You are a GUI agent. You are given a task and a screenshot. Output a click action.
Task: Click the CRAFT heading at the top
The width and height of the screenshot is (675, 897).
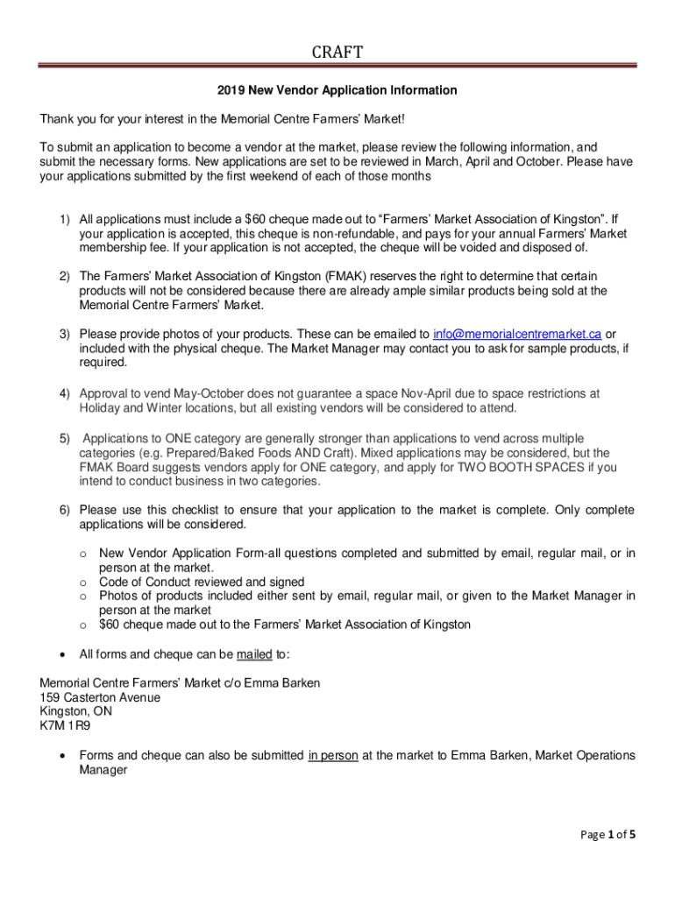337,53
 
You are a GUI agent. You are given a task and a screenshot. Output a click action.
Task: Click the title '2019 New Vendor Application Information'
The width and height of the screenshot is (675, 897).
337,90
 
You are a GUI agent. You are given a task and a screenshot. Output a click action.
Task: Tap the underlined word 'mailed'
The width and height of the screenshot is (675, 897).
254,654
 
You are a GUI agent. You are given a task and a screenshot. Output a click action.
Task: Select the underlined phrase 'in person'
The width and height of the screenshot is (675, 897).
332,756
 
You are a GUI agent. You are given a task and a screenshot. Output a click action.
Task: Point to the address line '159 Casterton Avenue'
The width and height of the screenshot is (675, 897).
100,697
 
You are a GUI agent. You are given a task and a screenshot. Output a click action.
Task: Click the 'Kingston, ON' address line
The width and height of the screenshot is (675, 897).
76,711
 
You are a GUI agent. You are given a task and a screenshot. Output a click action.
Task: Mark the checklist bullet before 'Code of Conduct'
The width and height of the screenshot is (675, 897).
82,582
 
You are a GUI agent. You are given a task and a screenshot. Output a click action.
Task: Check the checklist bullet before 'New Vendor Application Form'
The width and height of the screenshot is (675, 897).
82,554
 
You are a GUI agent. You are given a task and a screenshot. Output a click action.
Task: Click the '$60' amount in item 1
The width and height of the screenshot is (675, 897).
258,219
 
